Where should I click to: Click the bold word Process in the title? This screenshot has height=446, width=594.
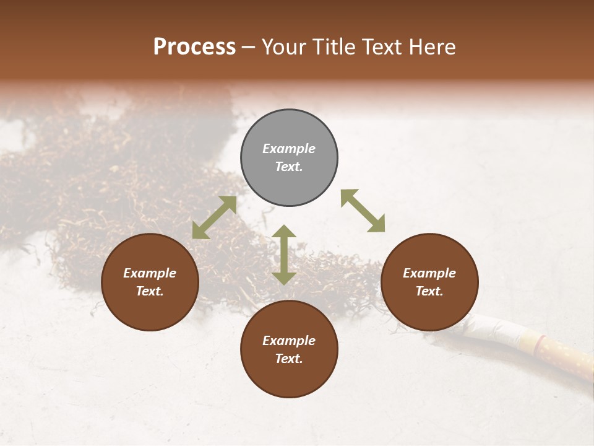click(194, 47)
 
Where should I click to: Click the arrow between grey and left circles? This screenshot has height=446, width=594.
click(214, 217)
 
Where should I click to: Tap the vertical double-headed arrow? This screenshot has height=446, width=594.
click(284, 255)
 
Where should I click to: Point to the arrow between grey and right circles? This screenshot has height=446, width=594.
click(363, 211)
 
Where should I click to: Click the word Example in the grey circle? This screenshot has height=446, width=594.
click(289, 149)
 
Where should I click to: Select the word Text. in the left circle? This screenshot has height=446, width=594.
click(150, 291)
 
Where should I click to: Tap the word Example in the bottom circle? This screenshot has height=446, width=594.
click(289, 341)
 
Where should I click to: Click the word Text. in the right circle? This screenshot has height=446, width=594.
click(429, 291)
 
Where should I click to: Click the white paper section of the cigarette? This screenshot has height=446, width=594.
click(495, 328)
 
